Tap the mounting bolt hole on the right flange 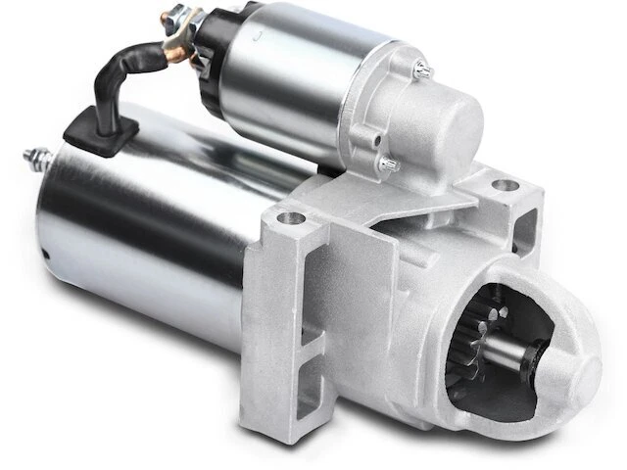click(x=504, y=184)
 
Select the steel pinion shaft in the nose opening click(x=520, y=368)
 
